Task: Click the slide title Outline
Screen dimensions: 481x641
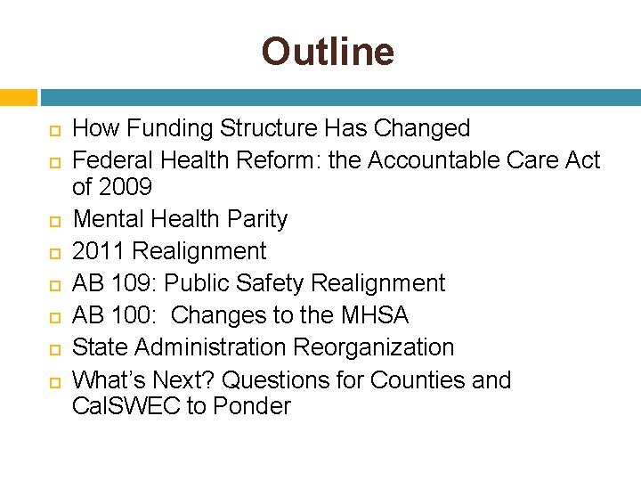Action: pyautogui.click(x=327, y=52)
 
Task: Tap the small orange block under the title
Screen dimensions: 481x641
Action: pyautogui.click(x=18, y=97)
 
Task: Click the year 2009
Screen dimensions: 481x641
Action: pyautogui.click(x=126, y=187)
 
